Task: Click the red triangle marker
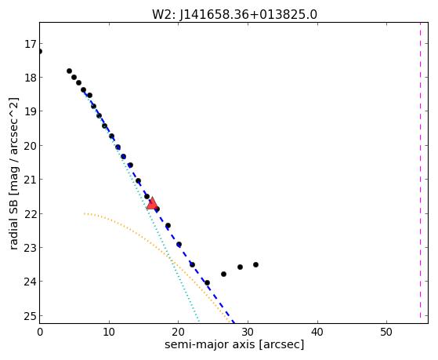coord(152,203)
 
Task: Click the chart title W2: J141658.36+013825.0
coord(234,15)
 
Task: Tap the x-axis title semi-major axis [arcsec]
coord(234,344)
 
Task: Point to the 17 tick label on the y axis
coord(31,44)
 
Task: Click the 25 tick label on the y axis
coord(31,316)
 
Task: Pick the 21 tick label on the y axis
coord(31,180)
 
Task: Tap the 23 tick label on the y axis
coord(31,248)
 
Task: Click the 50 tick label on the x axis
coord(386,332)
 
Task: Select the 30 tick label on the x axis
coord(248,332)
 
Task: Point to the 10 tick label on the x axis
coord(109,332)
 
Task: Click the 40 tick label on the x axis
coord(317,332)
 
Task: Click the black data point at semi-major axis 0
coord(40,52)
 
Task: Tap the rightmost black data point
coord(255,264)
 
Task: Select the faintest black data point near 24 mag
coord(207,283)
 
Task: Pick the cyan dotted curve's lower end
coord(199,322)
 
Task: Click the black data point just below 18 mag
coord(74,77)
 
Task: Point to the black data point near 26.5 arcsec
coord(223,275)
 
